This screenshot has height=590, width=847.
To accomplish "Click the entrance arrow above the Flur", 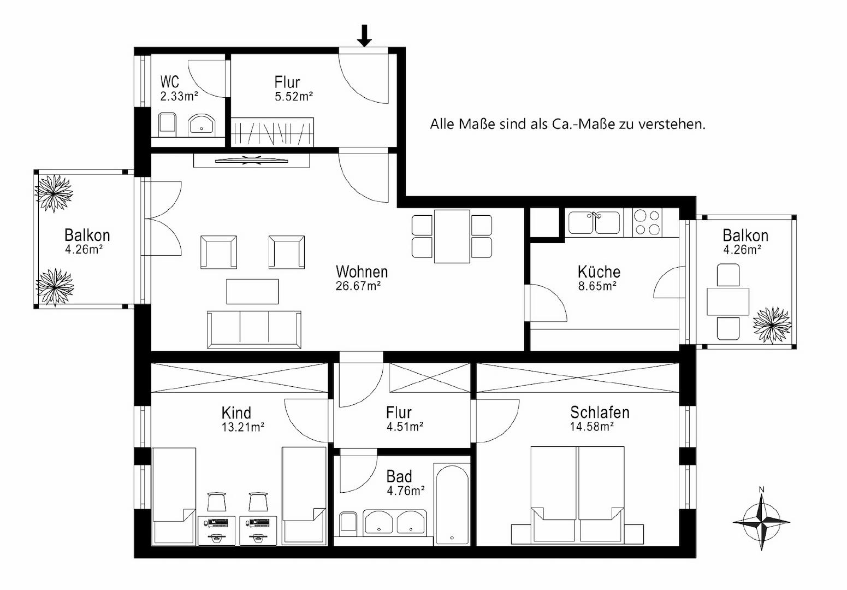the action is pos(364,36).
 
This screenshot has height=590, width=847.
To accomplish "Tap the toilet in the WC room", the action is pos(167,125).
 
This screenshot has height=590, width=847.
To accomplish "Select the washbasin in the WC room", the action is pos(202,125).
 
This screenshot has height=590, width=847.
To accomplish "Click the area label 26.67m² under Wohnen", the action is pos(358,286).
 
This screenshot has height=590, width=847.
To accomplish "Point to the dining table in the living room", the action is pos(452,237).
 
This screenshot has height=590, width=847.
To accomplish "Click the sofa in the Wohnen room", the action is pos(254,329).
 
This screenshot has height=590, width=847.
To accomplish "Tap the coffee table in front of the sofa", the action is pos(252,291).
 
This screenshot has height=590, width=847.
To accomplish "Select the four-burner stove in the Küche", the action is pos(647,223).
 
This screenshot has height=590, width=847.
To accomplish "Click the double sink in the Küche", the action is pos(594,223).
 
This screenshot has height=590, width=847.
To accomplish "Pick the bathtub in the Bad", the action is pos(452,504).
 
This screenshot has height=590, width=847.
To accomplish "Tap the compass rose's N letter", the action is pos(762,489).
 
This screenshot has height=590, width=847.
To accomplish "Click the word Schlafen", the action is pos(600,412).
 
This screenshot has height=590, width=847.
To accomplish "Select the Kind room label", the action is pos(236,412).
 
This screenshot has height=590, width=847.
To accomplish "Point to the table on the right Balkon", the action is pos(728,302).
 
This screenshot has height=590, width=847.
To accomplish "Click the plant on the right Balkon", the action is pos(772,325).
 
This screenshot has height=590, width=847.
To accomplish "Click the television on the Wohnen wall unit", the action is pos(251,161).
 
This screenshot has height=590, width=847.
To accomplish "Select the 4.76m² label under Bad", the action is pos(405,491).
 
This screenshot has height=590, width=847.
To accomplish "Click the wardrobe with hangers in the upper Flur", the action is pos(273,132).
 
